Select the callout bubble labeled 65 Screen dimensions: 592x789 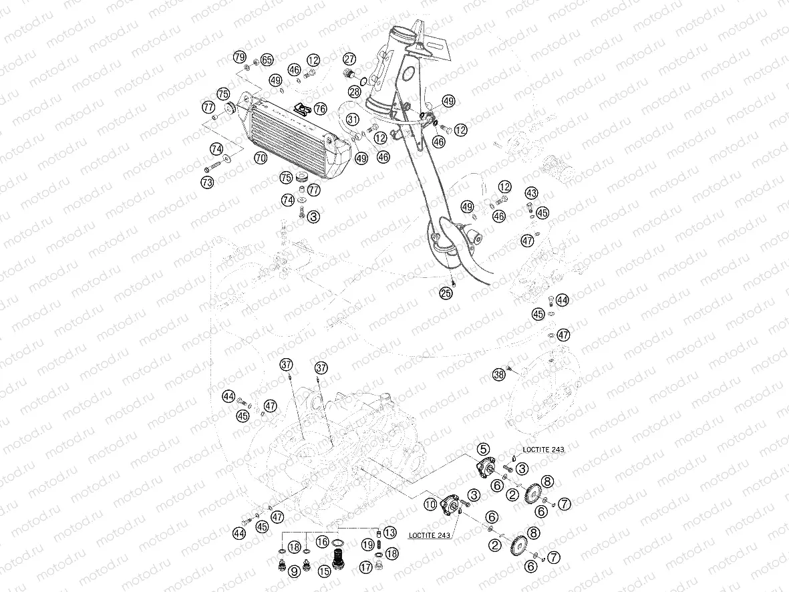pos(267,60)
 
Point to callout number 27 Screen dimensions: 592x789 pos(349,58)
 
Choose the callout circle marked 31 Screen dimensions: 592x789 pos(353,120)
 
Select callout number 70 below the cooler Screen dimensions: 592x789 pos(261,158)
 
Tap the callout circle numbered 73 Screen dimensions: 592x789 pos(208,182)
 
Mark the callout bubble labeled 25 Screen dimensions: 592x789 pos(446,292)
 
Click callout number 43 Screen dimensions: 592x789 pos(531,192)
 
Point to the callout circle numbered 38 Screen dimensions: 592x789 pos(498,375)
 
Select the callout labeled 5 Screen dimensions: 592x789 pos(483,449)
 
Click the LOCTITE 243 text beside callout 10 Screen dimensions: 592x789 pos(430,535)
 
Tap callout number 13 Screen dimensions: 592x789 pos(390,533)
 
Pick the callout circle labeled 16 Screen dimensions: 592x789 pos(323,542)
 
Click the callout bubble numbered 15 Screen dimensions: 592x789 pos(325,571)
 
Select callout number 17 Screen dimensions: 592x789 pos(365,567)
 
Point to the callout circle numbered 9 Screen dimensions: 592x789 pos(294,571)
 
